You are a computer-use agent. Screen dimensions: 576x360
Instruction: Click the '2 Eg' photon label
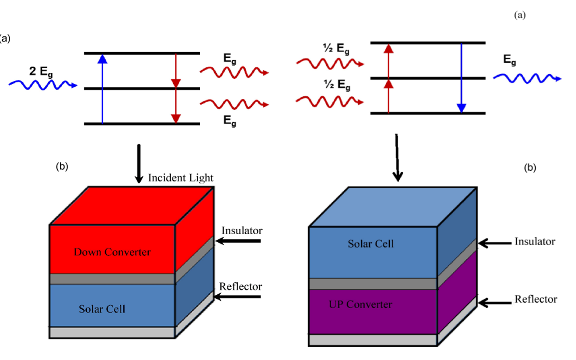pyautogui.click(x=41, y=72)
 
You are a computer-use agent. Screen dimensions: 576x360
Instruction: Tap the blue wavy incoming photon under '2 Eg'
pyautogui.click(x=43, y=85)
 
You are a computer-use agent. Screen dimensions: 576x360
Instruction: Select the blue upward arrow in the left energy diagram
pyautogui.click(x=102, y=89)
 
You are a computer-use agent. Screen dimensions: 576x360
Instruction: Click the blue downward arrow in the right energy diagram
pyautogui.click(x=462, y=78)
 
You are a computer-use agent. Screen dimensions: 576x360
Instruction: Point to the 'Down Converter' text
pyautogui.click(x=112, y=252)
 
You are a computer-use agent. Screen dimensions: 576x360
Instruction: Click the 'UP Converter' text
pyautogui.click(x=360, y=305)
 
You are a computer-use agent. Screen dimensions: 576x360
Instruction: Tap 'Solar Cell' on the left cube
pyautogui.click(x=102, y=309)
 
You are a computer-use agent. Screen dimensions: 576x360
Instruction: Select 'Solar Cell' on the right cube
pyautogui.click(x=371, y=244)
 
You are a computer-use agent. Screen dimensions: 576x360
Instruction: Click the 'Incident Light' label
pyautogui.click(x=180, y=178)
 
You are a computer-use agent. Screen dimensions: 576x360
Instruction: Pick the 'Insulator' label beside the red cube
pyautogui.click(x=242, y=230)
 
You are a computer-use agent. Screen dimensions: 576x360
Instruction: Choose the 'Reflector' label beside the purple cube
pyautogui.click(x=536, y=299)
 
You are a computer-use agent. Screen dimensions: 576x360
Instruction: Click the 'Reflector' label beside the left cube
pyautogui.click(x=240, y=286)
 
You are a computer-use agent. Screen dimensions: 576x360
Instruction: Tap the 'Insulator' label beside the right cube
pyautogui.click(x=535, y=241)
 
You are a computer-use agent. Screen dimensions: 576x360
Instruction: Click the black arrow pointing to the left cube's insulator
pyautogui.click(x=238, y=241)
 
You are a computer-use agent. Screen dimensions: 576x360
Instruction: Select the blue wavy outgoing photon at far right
pyautogui.click(x=527, y=78)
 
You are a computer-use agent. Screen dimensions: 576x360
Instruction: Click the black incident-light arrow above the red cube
pyautogui.click(x=139, y=164)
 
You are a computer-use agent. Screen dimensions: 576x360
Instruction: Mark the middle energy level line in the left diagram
pyautogui.click(x=142, y=89)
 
